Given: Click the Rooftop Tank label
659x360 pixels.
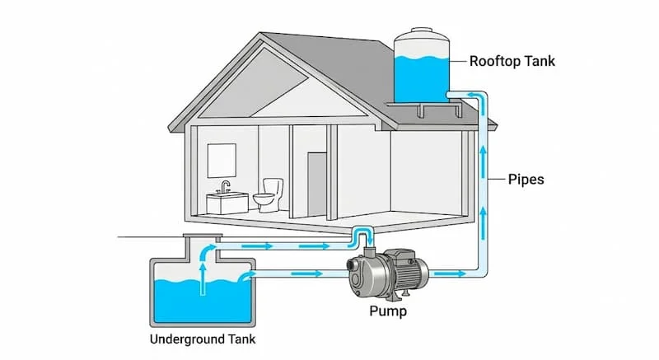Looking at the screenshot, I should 512,61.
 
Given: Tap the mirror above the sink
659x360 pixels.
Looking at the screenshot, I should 222,159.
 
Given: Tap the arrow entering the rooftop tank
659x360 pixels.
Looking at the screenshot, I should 470,96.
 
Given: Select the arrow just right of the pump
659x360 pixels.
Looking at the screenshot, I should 446,271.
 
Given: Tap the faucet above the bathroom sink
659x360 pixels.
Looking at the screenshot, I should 225,186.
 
